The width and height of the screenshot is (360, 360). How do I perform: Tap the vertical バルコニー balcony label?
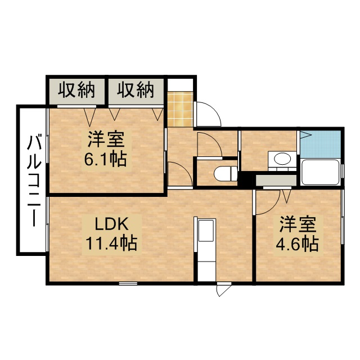[33, 178]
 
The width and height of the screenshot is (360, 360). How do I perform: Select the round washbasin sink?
[282, 159]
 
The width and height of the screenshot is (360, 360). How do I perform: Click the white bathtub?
[320, 172]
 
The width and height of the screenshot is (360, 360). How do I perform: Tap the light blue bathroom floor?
[321, 144]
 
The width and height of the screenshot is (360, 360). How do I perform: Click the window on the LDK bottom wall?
[128, 283]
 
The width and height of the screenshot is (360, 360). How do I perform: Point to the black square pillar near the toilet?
[245, 181]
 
